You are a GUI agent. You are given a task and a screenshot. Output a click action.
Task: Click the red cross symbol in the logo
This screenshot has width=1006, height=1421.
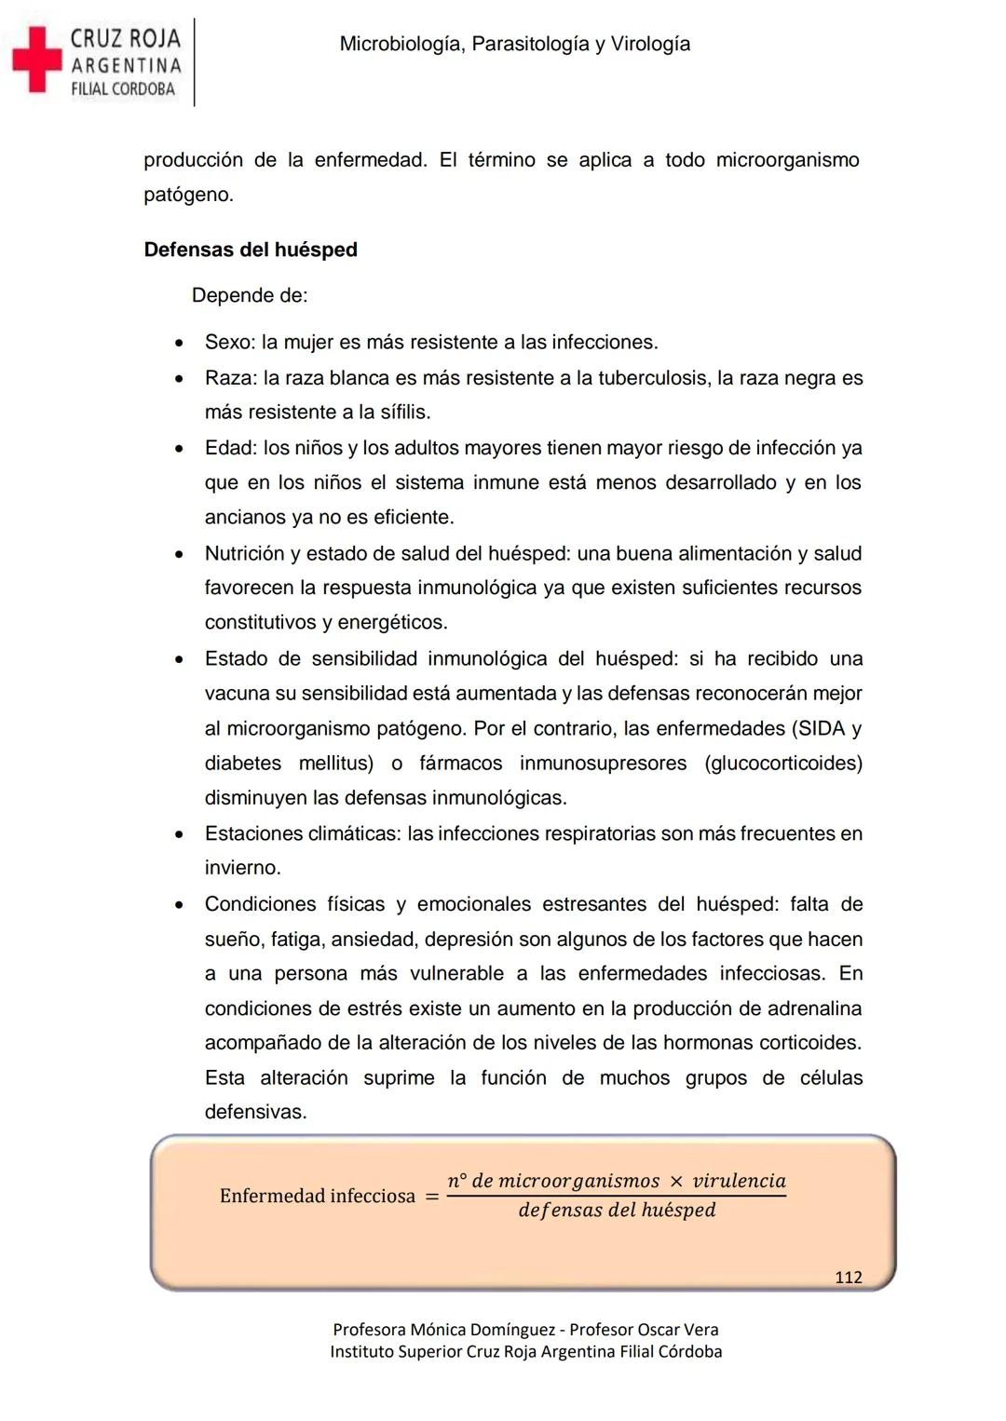pos(36,60)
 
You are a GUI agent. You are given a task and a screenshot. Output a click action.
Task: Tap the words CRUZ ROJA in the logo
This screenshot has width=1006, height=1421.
pos(126,38)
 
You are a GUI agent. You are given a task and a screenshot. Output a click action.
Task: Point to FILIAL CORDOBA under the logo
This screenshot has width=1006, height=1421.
pos(123,89)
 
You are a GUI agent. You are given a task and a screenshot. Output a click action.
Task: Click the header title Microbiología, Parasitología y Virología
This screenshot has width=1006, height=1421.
pos(514,44)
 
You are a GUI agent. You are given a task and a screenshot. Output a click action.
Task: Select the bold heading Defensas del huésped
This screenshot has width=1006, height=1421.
pos(251,250)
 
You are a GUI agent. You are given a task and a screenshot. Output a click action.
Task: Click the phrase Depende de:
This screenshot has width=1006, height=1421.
pos(250,295)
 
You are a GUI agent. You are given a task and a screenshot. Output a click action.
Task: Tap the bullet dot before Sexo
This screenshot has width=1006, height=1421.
pos(179,343)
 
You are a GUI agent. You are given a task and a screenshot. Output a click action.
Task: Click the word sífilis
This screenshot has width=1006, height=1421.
pos(401,413)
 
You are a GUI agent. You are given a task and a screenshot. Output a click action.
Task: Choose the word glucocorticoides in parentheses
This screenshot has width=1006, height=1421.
pos(783,764)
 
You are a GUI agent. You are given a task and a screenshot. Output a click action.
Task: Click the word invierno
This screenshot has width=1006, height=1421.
pos(242,868)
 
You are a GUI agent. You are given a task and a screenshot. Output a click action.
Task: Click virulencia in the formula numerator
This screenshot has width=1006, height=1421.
pos(739,1181)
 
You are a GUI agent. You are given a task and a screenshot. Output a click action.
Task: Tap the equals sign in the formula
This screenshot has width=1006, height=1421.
pos(431,1197)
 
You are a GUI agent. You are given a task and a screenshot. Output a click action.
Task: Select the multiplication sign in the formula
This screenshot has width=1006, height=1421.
pos(676,1182)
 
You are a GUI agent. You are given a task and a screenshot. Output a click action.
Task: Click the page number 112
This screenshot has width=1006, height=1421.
pos(848,1278)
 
